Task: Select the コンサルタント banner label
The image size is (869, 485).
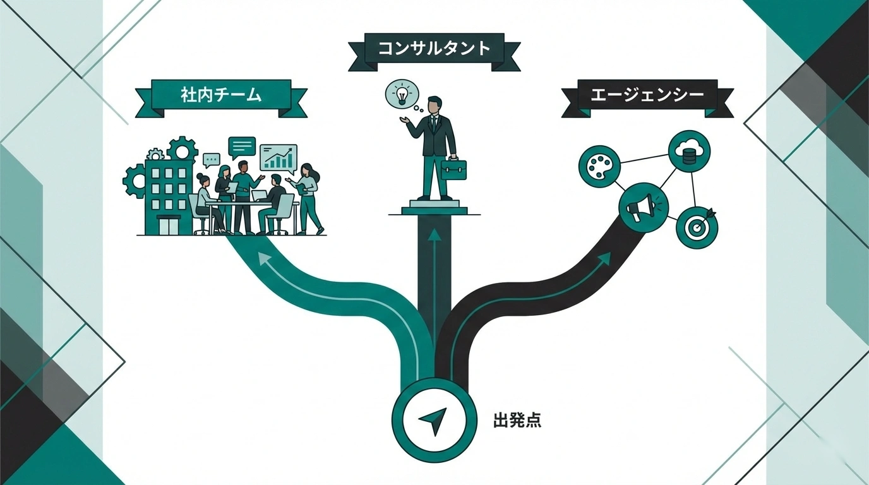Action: [x=434, y=49]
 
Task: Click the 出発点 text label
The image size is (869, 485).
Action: [x=517, y=421]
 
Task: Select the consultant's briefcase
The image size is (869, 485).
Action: [x=454, y=169]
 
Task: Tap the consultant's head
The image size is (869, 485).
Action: [x=434, y=105]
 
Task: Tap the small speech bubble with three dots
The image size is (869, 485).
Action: [x=212, y=160]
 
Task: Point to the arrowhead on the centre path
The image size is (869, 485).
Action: [x=433, y=235]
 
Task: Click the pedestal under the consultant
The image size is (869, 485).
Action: [x=433, y=207]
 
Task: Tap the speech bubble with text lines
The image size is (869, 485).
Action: [x=242, y=147]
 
